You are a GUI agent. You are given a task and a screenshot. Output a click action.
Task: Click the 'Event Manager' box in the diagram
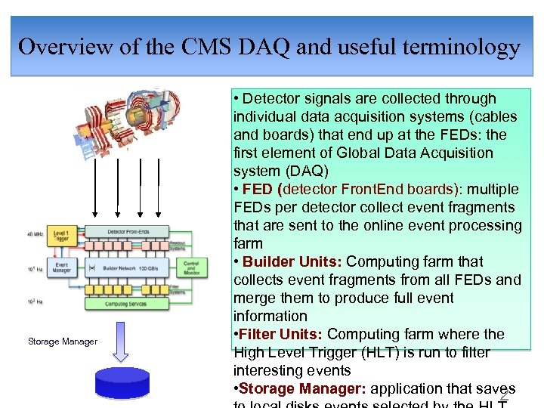tap(63, 267)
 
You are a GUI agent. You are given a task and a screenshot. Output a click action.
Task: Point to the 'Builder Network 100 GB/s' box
tap(126, 268)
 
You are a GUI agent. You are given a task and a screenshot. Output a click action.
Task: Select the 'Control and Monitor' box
tap(191, 267)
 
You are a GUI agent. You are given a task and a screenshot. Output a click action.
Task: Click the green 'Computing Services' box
tap(126, 304)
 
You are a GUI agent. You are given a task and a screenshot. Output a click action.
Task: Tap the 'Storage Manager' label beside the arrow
tap(63, 342)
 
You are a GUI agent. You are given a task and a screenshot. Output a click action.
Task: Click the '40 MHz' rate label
tap(34, 234)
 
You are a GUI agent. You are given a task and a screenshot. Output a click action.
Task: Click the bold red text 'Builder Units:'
tap(292, 262)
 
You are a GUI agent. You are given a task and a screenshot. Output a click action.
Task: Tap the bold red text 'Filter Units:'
tap(280, 335)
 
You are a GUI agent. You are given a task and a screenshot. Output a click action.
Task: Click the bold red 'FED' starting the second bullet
tap(258, 190)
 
